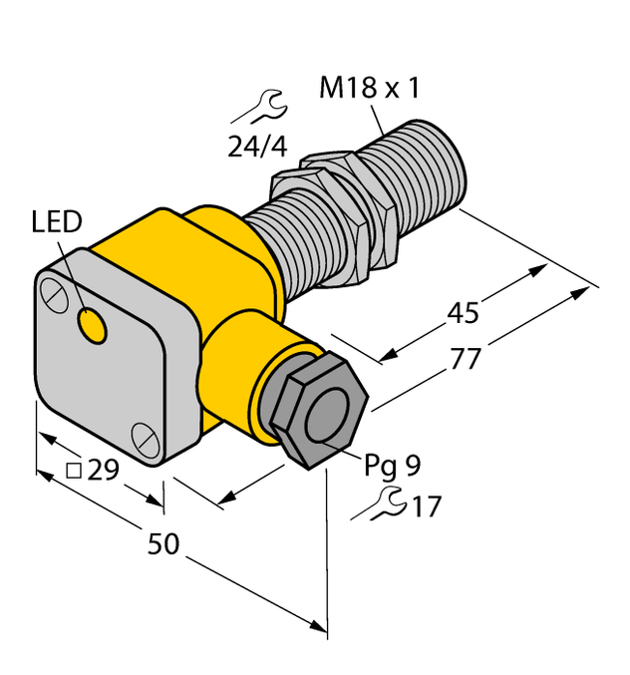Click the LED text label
pos(56,222)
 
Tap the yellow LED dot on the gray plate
pos(92,324)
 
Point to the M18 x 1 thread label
pos(370,89)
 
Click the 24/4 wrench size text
pos(257,147)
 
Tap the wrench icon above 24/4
pos(265,103)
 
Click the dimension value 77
pos(460,360)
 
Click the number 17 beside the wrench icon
pos(426,507)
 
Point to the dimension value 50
pos(164,544)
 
